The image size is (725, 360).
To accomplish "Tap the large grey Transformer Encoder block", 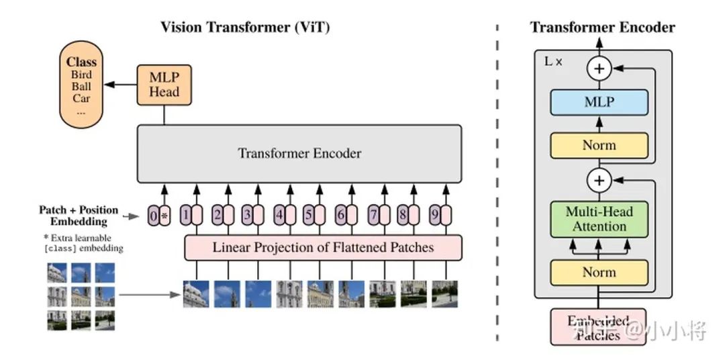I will pos(299,153).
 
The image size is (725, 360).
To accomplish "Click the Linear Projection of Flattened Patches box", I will pos(323,248).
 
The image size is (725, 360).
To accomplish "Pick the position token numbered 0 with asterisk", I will pos(159,216).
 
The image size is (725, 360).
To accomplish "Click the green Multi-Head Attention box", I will pos(599,219).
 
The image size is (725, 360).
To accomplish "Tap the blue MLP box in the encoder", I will pos(599,103).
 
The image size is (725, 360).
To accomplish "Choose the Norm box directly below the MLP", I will pos(599,145).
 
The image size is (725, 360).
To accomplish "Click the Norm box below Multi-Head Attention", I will pos(599,273).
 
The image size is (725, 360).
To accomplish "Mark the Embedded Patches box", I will pos(598,327).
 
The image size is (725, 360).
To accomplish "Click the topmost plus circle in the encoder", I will pos(598,68).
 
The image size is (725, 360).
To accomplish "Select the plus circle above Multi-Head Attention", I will pos(598,181).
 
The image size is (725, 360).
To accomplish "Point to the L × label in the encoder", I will pos(553,61).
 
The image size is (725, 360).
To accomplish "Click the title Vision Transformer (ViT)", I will pos(245,28).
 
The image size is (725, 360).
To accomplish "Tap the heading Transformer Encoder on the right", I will pos(602,28).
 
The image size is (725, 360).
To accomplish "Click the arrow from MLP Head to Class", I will pos(122,85).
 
